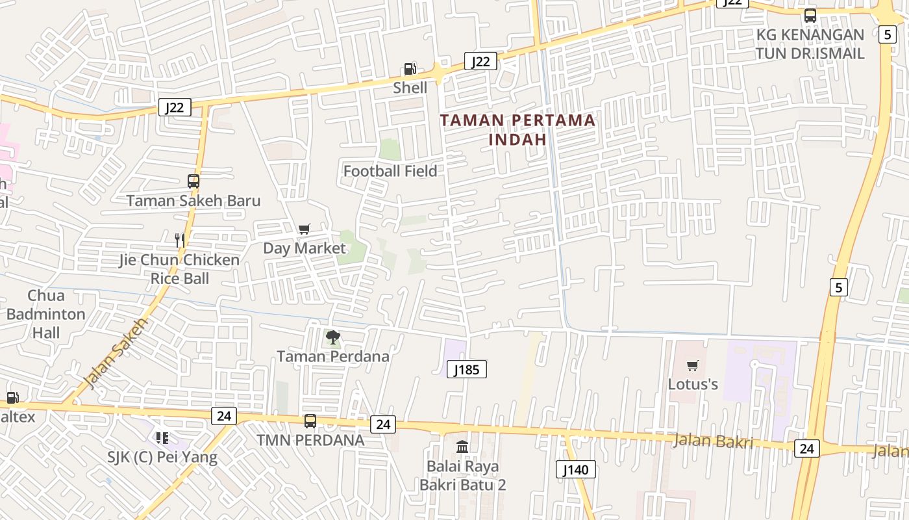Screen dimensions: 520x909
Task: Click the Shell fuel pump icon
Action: [x=410, y=69]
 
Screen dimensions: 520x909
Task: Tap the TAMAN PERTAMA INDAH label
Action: [x=517, y=129]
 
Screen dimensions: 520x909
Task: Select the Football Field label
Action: [x=390, y=171]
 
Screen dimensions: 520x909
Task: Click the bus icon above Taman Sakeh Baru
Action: [x=193, y=182]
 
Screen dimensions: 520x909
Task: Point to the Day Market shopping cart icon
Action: [x=304, y=229]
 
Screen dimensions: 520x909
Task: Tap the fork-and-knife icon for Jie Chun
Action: [x=180, y=240]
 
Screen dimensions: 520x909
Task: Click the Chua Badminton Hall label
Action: [x=45, y=314]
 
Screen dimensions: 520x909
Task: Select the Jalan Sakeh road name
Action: [x=116, y=354]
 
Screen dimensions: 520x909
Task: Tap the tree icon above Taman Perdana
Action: [x=333, y=337]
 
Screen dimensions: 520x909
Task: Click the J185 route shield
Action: [x=466, y=370]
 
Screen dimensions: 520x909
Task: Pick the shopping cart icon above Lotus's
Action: [x=693, y=366]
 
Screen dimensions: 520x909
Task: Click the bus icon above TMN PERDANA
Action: [x=310, y=421]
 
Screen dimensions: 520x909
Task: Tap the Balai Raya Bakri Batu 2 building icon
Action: [x=462, y=447]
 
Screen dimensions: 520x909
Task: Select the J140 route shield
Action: [x=575, y=469]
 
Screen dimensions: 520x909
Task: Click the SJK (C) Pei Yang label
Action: [x=162, y=457]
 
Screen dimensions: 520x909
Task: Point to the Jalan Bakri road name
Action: [x=713, y=441]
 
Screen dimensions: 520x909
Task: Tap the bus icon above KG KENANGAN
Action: [x=810, y=16]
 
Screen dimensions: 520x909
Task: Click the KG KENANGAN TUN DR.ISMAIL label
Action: [x=810, y=44]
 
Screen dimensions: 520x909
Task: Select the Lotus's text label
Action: [x=693, y=384]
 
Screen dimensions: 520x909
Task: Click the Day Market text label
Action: [x=304, y=248]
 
